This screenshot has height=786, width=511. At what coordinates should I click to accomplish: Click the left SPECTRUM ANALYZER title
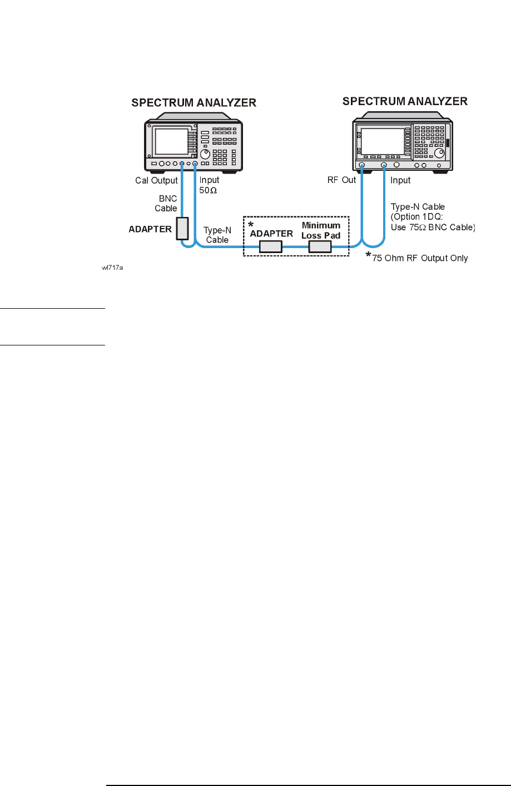pyautogui.click(x=194, y=103)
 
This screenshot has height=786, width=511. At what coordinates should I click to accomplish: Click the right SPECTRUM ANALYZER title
pyautogui.click(x=405, y=101)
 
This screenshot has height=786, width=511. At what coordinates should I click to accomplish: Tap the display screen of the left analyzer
pyautogui.click(x=171, y=141)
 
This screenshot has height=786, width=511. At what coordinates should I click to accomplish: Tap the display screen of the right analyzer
pyautogui.click(x=383, y=141)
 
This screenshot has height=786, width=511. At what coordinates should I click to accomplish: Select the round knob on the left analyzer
pyautogui.click(x=205, y=154)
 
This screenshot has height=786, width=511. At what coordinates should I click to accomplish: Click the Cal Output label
pyautogui.click(x=156, y=180)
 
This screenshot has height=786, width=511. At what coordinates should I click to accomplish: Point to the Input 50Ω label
pyautogui.click(x=209, y=185)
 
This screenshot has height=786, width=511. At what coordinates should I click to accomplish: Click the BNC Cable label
pyautogui.click(x=166, y=204)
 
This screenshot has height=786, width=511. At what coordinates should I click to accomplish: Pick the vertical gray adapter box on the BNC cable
pyautogui.click(x=182, y=229)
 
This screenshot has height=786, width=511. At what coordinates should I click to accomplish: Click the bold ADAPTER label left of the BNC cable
pyautogui.click(x=150, y=229)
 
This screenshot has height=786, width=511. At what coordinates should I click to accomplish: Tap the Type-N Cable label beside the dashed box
pyautogui.click(x=217, y=235)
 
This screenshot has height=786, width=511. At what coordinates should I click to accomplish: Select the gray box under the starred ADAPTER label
pyautogui.click(x=271, y=246)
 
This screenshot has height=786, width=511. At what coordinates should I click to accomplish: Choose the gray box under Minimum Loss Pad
pyautogui.click(x=320, y=246)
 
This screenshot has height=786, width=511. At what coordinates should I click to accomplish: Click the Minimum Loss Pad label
pyautogui.click(x=321, y=230)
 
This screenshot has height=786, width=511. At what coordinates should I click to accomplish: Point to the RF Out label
pyautogui.click(x=341, y=180)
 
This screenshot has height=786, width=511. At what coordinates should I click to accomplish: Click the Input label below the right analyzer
pyautogui.click(x=400, y=180)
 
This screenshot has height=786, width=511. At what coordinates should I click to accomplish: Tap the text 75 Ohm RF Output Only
pyautogui.click(x=420, y=258)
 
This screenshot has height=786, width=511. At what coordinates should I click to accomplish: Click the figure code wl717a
pyautogui.click(x=112, y=268)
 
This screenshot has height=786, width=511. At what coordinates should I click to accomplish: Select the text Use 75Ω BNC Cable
pyautogui.click(x=433, y=227)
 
